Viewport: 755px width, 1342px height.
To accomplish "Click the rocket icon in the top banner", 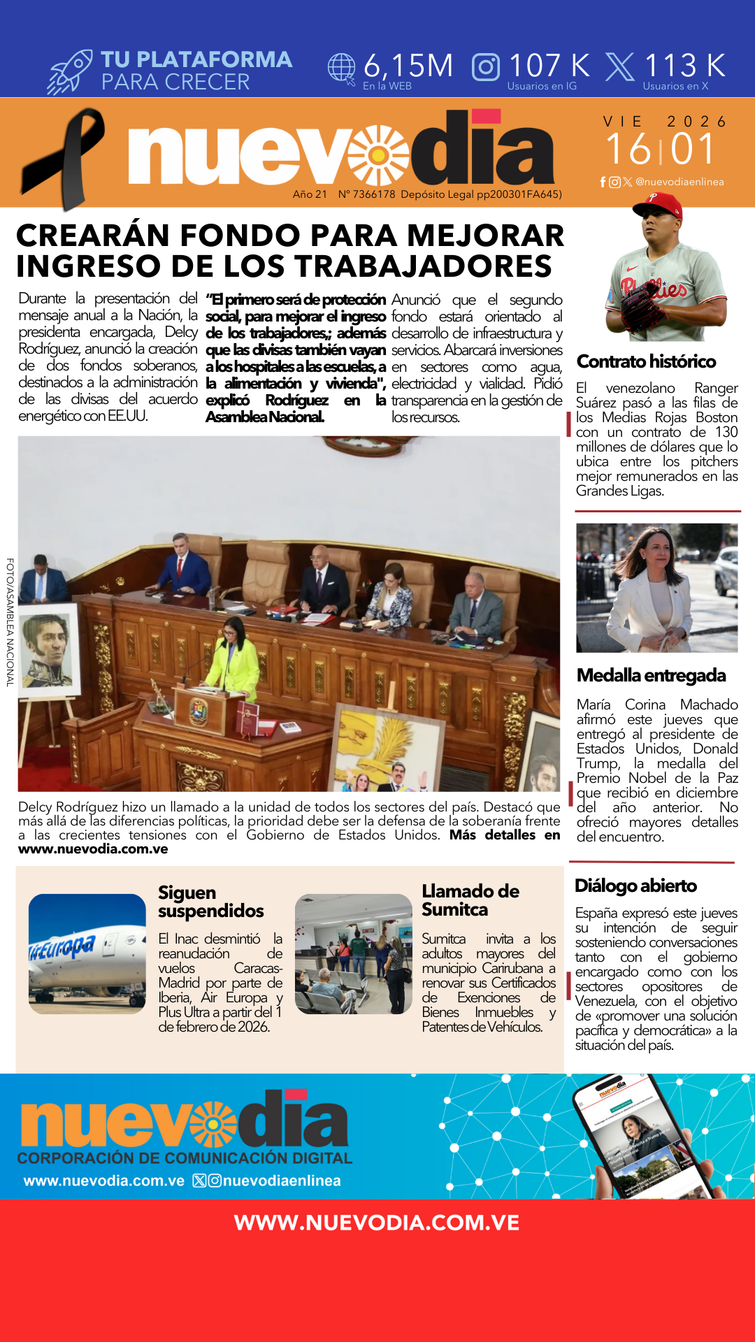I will (x=70, y=72).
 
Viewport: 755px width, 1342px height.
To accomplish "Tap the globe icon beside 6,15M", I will (x=342, y=68).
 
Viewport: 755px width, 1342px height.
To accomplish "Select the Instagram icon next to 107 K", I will (x=486, y=67).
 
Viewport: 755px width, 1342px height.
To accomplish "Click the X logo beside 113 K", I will (x=619, y=67).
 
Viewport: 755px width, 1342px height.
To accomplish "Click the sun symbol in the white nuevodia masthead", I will (x=379, y=154).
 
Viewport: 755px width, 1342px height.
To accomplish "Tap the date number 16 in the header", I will (x=628, y=149).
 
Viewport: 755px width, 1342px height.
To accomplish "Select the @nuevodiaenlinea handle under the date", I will (x=679, y=182).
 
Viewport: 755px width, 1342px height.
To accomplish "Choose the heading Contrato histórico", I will (x=646, y=361).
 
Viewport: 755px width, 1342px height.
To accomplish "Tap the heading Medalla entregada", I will (x=651, y=675).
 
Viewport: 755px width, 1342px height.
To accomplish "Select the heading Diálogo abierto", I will (x=635, y=886).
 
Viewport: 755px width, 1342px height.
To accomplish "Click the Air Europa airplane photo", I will (x=87, y=953).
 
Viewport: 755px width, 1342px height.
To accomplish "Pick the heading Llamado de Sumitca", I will (x=470, y=900).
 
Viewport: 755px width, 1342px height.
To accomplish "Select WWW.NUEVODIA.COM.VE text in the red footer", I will (x=377, y=1222).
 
